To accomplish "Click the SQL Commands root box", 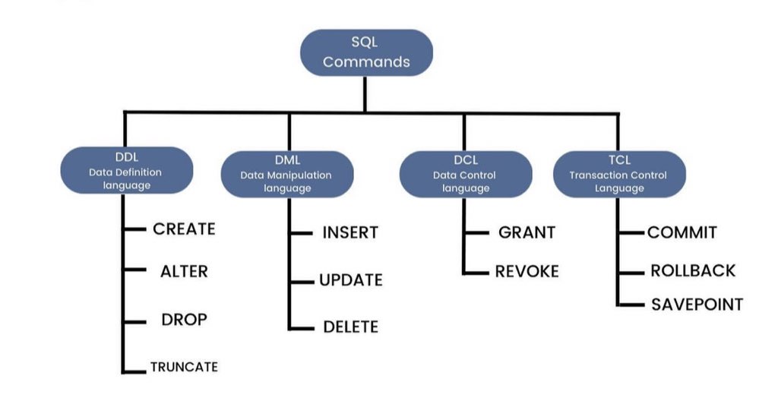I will pyautogui.click(x=366, y=52).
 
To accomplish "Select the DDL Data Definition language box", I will pyautogui.click(x=126, y=173).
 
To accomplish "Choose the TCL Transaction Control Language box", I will pyautogui.click(x=618, y=175).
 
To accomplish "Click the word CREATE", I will pyautogui.click(x=184, y=229).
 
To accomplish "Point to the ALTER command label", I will pyautogui.click(x=184, y=271).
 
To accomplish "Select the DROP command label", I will pyautogui.click(x=184, y=319).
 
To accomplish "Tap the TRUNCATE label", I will pyautogui.click(x=184, y=367).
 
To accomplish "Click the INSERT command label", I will pyautogui.click(x=350, y=232).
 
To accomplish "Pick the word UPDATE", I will pyautogui.click(x=350, y=280).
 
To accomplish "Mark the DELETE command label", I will pyautogui.click(x=350, y=327).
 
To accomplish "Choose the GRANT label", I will pyautogui.click(x=527, y=232).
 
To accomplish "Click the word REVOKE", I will pyautogui.click(x=527, y=271).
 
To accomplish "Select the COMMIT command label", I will pyautogui.click(x=682, y=232).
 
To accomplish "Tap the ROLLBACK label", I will pyautogui.click(x=693, y=271).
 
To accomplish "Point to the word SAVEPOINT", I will pyautogui.click(x=697, y=304).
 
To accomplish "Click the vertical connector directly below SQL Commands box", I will pyautogui.click(x=365, y=93).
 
